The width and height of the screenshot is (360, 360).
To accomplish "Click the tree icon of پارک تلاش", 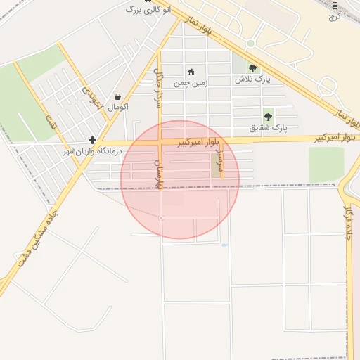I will [x=253, y=68].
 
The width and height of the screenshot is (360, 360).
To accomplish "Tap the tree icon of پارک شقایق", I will [x=268, y=117].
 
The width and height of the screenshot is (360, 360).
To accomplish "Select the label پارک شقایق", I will [x=269, y=128].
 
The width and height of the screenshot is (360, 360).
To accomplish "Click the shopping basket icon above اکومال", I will [x=117, y=96].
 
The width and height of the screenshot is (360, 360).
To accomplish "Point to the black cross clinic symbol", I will [x=92, y=140].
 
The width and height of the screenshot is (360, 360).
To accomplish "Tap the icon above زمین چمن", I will [x=191, y=71].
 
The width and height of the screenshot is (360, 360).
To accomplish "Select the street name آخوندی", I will [x=94, y=97].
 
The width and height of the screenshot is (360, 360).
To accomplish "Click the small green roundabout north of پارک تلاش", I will [x=250, y=44].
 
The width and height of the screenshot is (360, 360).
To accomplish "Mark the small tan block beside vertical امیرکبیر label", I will [x=215, y=166].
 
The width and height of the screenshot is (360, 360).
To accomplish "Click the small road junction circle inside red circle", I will [x=161, y=218].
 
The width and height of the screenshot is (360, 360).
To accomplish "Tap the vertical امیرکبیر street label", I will [x=219, y=160].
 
